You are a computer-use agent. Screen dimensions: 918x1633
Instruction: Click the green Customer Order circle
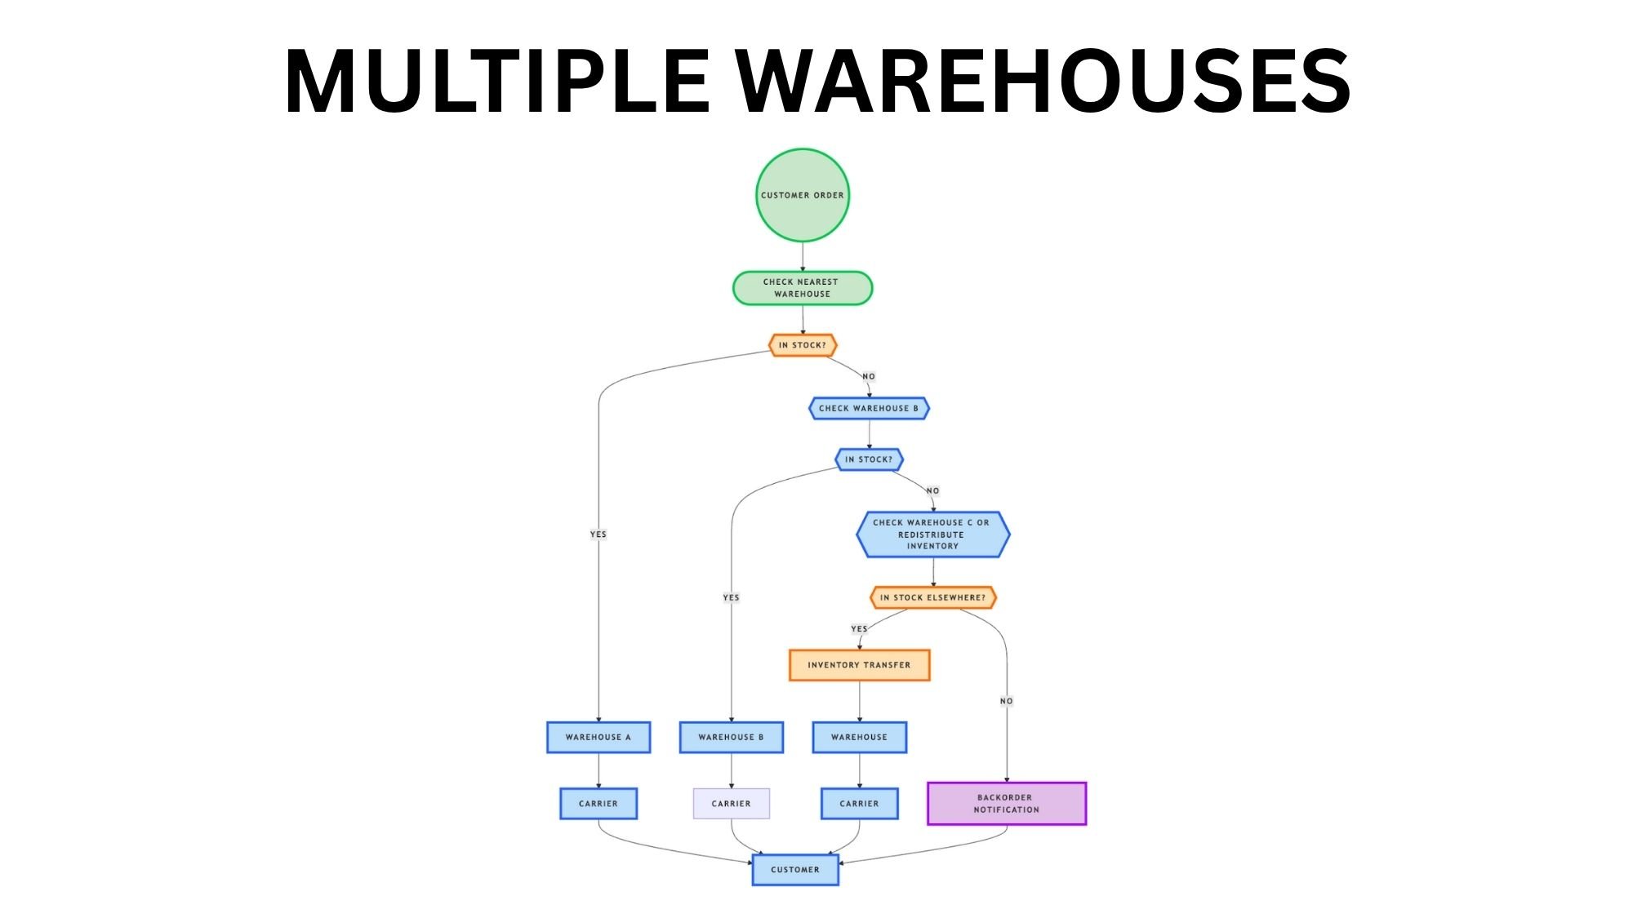point(802,195)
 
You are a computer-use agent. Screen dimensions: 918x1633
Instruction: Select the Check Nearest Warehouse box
point(802,288)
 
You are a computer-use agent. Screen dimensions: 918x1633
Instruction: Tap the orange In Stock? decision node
point(802,345)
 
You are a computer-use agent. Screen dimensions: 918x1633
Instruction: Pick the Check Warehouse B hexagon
point(869,408)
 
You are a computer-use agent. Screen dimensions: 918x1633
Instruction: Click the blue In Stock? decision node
point(869,459)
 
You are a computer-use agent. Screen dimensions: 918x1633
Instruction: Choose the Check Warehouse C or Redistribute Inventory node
point(932,534)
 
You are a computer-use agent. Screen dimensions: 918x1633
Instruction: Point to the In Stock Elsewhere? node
point(932,597)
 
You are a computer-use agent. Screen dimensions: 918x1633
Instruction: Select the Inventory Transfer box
point(859,665)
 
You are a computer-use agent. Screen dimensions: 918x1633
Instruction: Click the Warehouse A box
point(598,737)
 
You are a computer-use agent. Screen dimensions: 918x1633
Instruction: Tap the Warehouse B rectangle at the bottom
point(731,737)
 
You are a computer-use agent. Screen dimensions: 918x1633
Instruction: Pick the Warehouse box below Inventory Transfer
point(859,737)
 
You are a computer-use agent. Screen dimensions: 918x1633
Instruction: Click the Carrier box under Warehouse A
point(598,804)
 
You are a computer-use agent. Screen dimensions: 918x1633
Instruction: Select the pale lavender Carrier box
point(731,804)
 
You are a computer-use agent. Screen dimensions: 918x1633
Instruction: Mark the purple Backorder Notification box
point(1006,804)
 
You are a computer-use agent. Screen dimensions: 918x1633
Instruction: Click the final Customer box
point(795,870)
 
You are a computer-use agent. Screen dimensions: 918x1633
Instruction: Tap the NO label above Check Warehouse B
point(869,377)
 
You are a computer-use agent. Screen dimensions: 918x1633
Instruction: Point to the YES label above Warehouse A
point(598,534)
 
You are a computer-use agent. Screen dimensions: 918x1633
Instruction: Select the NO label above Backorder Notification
point(1006,701)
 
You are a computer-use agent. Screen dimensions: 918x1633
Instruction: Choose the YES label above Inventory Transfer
point(859,629)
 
